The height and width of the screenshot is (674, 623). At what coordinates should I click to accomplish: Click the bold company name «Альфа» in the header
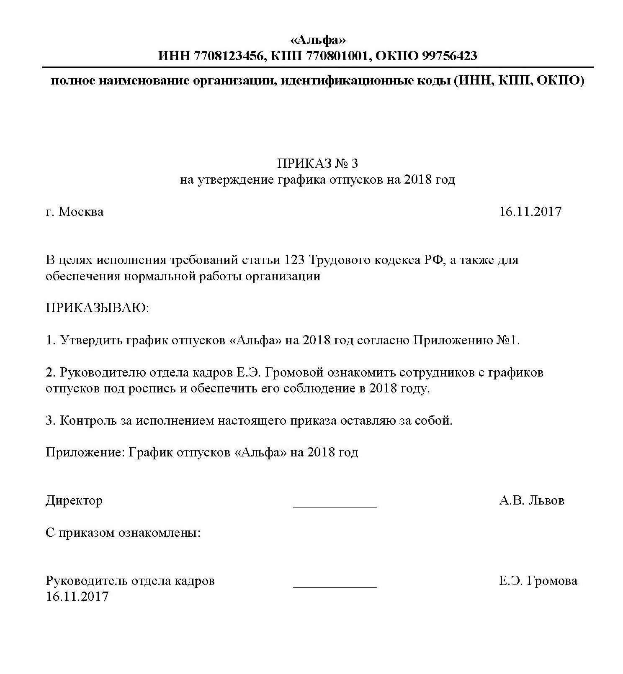click(318, 40)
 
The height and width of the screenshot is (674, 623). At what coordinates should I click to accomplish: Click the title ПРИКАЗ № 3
click(318, 163)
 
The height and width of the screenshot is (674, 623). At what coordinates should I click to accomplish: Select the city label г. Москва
click(75, 212)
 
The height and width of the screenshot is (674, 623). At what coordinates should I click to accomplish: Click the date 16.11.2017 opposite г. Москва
click(530, 212)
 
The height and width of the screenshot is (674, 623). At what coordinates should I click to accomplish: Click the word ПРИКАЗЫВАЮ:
click(97, 308)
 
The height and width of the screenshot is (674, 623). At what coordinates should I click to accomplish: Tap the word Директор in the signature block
click(74, 501)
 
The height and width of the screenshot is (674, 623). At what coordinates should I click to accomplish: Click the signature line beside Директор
click(335, 506)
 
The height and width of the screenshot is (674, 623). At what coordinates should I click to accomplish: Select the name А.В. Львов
click(531, 501)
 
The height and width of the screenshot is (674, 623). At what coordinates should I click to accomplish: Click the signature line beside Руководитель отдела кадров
click(335, 587)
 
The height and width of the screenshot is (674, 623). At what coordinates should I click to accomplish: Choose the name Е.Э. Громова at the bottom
click(538, 581)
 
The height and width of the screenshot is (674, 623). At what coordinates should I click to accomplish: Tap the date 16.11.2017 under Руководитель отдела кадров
click(77, 597)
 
